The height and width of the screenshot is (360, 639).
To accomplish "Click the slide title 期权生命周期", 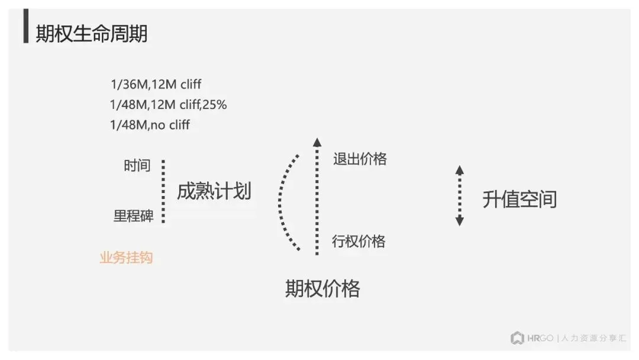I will point(91,34).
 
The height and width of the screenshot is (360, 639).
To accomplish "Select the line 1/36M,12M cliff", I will point(156,85).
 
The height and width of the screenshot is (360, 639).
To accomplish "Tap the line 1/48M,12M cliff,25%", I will point(168,105).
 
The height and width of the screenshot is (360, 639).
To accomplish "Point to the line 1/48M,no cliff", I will point(150,125).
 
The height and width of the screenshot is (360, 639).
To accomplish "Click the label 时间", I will point(137,166).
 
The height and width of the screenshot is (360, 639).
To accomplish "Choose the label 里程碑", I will point(133,216).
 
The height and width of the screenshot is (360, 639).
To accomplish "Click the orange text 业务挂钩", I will point(126,258).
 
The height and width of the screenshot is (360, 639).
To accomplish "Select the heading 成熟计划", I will point(214,191).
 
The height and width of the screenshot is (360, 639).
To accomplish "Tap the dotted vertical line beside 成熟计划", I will point(163,191).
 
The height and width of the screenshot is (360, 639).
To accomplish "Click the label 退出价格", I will point(360,159).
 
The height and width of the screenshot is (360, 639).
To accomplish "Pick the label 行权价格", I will point(359,241).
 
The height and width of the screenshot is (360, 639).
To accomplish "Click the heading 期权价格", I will point(322,289).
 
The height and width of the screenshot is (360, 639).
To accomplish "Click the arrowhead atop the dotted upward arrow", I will point(317,142).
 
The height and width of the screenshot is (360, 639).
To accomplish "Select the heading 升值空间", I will point(519,200).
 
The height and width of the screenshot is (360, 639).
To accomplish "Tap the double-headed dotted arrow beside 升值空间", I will point(460,195).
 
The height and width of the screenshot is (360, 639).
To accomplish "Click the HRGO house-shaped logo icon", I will point(517,338).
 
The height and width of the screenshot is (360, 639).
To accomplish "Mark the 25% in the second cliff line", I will point(215,105).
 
